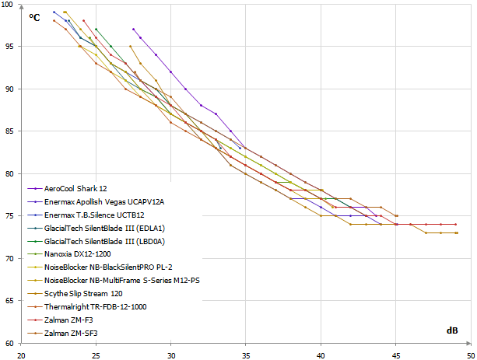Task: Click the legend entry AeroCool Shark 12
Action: [75, 188]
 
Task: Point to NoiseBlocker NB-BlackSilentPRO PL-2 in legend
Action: [108, 267]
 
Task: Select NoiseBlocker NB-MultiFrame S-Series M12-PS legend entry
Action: [121, 281]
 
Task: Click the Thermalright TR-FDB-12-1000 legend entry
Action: [95, 307]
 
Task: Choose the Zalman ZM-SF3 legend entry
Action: [72, 333]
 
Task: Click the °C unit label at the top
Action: [35, 16]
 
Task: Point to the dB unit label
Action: [452, 330]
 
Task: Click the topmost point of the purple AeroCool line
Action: [133, 29]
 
